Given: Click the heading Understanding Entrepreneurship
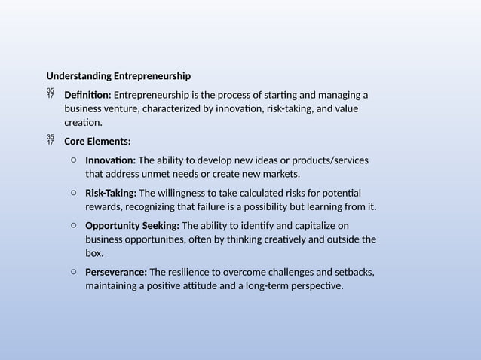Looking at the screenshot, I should (118, 76).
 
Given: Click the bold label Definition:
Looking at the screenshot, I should (88, 95).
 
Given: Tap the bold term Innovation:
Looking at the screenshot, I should (110, 160).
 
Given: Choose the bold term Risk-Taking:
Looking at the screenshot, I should (111, 193).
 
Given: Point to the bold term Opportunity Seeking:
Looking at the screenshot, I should (132, 225).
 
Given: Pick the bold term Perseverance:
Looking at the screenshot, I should (116, 272).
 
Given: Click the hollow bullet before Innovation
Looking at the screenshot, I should (72, 160).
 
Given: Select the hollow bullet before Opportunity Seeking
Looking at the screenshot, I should (72, 225).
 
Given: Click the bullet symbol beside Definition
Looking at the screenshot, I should (51, 93).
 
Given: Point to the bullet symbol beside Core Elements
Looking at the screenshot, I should (51, 139).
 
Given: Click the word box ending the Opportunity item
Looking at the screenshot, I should (94, 253).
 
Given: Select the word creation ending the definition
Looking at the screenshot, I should (82, 122).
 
